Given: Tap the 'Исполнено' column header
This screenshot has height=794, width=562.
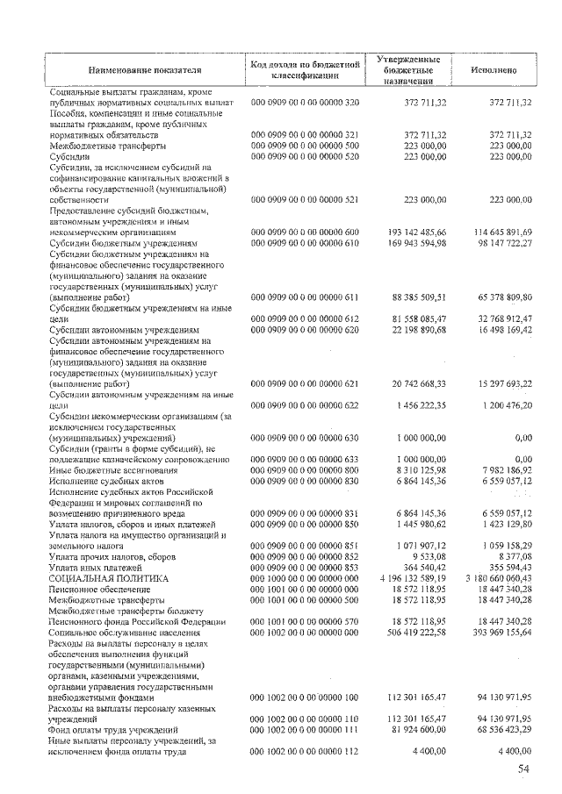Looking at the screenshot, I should [493, 70].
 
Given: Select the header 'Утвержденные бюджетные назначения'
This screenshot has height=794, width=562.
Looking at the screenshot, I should [407, 70].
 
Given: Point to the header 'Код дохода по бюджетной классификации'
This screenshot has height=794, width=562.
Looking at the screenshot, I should [306, 70].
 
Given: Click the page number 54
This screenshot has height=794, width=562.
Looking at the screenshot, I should [523, 769].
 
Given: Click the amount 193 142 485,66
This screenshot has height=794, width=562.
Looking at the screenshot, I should [413, 232].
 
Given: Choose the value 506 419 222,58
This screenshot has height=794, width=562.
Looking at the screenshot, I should [413, 633].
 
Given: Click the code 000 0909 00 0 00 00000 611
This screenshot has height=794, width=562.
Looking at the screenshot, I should [306, 297].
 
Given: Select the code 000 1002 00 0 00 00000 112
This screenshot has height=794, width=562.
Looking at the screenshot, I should [306, 751].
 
